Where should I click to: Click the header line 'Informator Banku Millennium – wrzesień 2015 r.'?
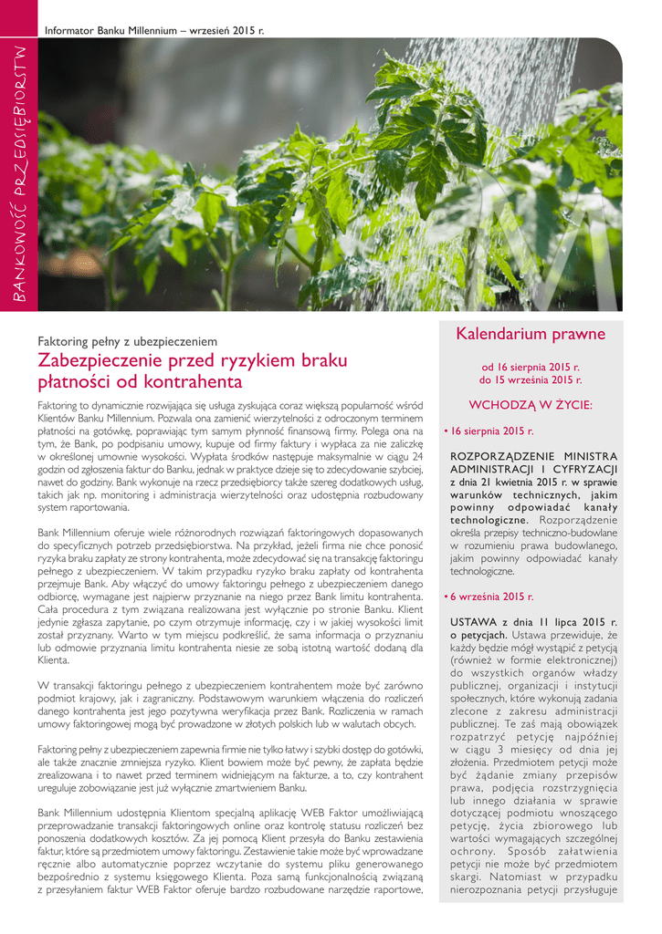[154, 31]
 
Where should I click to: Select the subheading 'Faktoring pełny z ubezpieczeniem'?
[127, 341]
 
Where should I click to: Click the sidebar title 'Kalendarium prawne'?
[531, 335]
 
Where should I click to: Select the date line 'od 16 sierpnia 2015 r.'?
[531, 367]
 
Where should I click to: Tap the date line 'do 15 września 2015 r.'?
[531, 379]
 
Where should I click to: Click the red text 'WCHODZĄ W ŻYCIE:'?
[531, 404]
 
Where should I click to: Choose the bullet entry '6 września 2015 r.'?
[490, 596]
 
